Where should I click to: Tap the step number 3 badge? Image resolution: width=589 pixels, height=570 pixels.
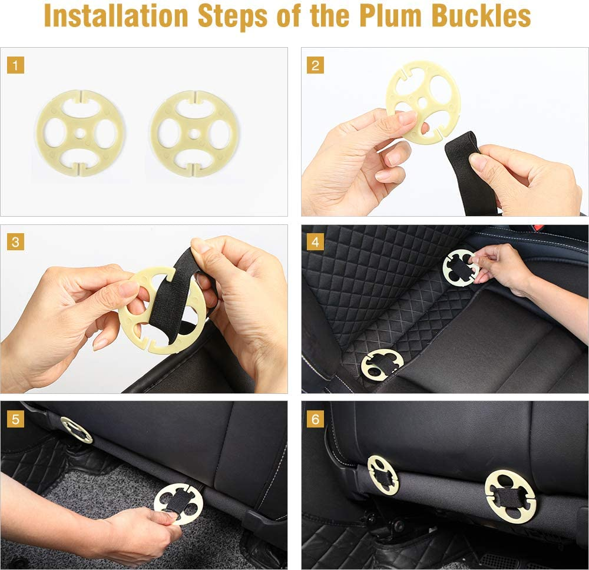tap(15, 242)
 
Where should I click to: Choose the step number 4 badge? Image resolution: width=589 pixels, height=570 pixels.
tap(315, 242)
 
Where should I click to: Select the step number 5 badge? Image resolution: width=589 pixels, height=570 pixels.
tap(15, 419)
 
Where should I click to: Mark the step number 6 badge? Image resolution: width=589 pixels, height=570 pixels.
tap(315, 419)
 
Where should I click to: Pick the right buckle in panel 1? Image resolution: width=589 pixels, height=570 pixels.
tap(194, 133)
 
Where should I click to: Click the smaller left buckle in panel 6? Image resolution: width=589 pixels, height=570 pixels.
tap(383, 474)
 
